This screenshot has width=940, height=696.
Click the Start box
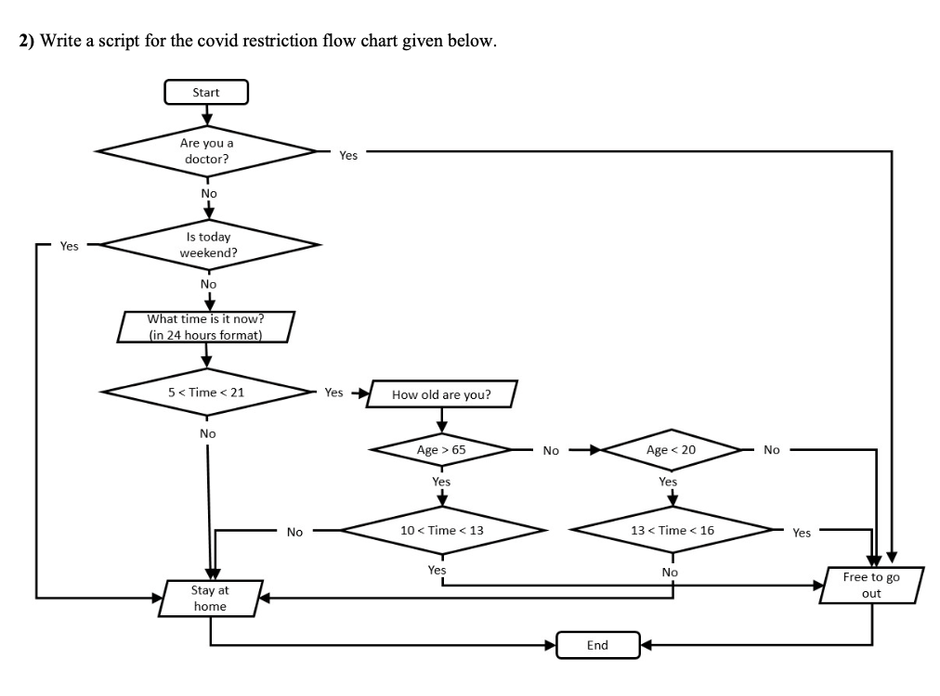pyautogui.click(x=206, y=92)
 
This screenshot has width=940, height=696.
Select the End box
pyautogui.click(x=597, y=645)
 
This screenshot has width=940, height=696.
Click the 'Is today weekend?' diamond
pyautogui.click(x=208, y=245)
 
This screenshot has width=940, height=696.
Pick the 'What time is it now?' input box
pyautogui.click(x=205, y=327)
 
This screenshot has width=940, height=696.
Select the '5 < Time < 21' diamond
pyautogui.click(x=207, y=392)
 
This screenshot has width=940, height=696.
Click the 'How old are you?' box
pyautogui.click(x=441, y=394)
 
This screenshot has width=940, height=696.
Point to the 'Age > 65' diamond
pyautogui.click(x=441, y=450)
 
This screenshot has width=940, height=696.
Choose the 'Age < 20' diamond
pyautogui.click(x=671, y=450)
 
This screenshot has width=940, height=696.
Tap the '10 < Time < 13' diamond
pyautogui.click(x=441, y=530)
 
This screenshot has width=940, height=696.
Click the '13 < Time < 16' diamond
pyautogui.click(x=672, y=530)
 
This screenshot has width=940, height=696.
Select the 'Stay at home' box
pyautogui.click(x=210, y=598)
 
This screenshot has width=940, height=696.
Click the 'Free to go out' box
pyautogui.click(x=870, y=585)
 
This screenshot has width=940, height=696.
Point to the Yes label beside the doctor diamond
pyautogui.click(x=348, y=156)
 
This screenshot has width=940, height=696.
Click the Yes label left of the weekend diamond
pyautogui.click(x=70, y=246)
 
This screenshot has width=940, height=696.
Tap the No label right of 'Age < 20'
pyautogui.click(x=772, y=450)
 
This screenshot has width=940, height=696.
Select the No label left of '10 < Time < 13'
pyautogui.click(x=294, y=532)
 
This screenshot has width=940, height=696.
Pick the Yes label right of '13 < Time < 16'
pyautogui.click(x=802, y=533)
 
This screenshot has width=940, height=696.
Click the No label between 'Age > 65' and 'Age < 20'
pyautogui.click(x=551, y=451)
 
